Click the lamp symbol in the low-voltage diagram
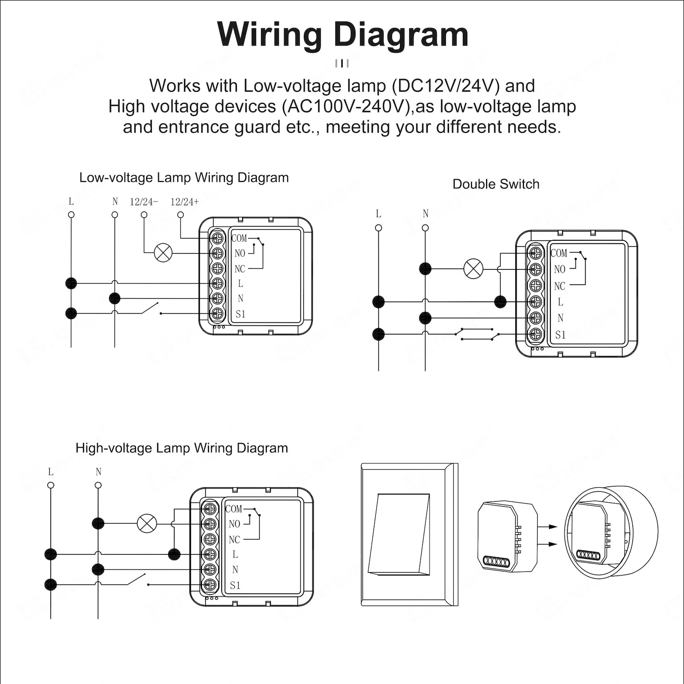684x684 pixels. [x=163, y=253]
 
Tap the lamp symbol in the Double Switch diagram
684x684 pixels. [x=473, y=269]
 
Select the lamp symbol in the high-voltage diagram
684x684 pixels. [x=147, y=523]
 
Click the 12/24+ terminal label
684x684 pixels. [x=185, y=202]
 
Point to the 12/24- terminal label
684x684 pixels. [x=144, y=202]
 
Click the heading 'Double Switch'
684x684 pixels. [x=496, y=184]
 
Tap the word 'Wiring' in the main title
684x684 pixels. [x=269, y=35]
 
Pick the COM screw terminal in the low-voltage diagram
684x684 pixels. [x=218, y=238]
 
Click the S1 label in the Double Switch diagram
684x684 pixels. [x=560, y=335]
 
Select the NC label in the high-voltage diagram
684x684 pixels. [x=234, y=540]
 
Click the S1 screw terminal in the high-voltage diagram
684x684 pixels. [x=210, y=585]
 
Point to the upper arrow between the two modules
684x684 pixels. [x=551, y=527]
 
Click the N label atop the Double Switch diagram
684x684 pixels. [x=425, y=213]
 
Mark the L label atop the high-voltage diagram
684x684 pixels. [x=51, y=472]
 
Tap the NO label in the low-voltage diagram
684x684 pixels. [x=240, y=253]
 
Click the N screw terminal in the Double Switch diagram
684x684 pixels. [x=535, y=318]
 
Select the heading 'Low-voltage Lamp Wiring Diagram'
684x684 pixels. [x=184, y=177]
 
